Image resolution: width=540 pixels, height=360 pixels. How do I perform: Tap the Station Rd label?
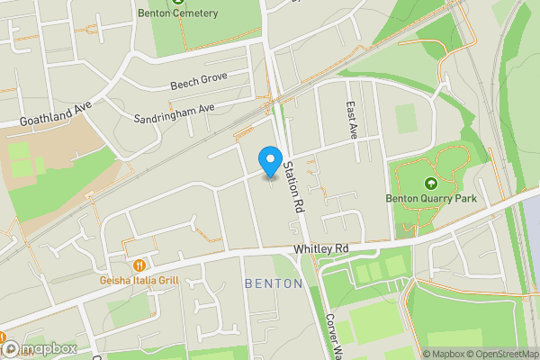pos(292,185)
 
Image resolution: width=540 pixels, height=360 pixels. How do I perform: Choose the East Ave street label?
pos(353,119)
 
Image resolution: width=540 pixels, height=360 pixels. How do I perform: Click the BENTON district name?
pos(273,283)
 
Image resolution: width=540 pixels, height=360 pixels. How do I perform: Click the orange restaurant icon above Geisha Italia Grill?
pos(139,265)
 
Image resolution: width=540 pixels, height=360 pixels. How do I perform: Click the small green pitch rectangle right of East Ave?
pos(406,117)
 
